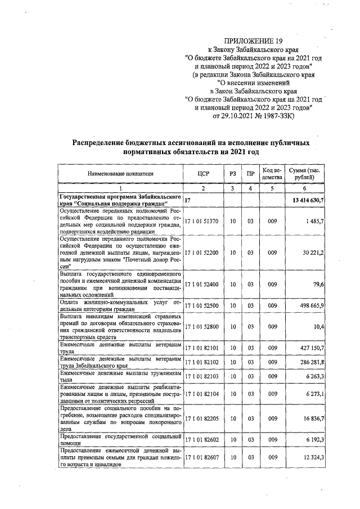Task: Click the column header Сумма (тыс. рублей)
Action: [x=305, y=174]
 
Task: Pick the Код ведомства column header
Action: [x=272, y=174]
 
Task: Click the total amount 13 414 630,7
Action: [x=308, y=200]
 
